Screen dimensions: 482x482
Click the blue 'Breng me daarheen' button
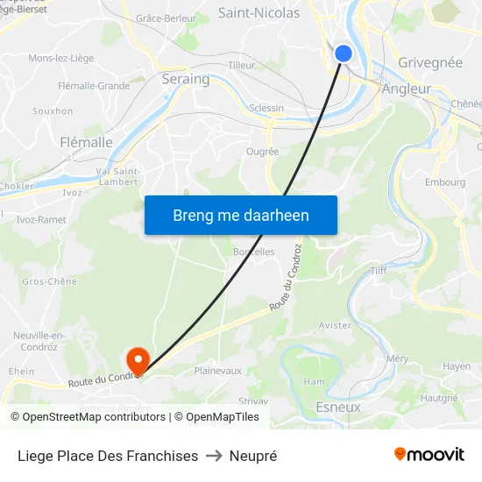click(x=241, y=215)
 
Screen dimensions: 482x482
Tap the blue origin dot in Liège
click(x=344, y=53)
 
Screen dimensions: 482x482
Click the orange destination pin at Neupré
click(x=138, y=360)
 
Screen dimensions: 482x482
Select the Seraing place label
click(x=186, y=79)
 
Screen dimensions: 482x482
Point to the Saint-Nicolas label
click(x=259, y=12)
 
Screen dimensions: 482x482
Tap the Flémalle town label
click(x=86, y=142)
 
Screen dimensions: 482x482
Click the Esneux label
click(x=339, y=407)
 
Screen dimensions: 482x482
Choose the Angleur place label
click(x=407, y=89)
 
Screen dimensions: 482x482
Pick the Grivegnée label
click(x=430, y=62)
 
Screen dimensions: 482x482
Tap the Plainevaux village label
click(x=217, y=371)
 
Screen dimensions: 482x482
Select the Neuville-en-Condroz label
click(x=39, y=341)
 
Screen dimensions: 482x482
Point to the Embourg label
click(x=445, y=182)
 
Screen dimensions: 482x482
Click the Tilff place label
click(x=379, y=271)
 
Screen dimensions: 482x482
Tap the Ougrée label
click(x=263, y=152)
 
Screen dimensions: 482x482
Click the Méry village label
click(x=397, y=358)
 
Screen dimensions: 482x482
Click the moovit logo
click(x=429, y=454)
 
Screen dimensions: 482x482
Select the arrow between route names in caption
click(x=214, y=456)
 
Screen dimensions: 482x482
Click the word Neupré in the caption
click(x=253, y=456)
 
